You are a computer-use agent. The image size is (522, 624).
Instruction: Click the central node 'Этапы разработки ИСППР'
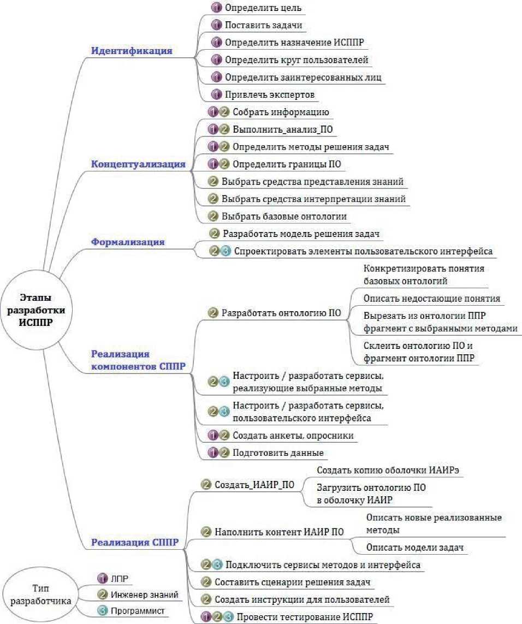(38, 309)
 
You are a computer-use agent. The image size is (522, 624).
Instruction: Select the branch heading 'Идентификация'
(132, 51)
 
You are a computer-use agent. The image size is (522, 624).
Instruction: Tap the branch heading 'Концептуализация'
(138, 164)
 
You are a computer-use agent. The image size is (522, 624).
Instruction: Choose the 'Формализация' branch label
(128, 241)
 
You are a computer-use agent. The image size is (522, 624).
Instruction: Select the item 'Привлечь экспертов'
(270, 94)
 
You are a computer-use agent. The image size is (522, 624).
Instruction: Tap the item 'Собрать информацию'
(280, 112)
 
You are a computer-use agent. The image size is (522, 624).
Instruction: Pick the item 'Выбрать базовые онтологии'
(284, 216)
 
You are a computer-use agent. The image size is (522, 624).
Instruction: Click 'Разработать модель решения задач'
(301, 234)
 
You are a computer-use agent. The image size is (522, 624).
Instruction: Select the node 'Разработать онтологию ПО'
(281, 313)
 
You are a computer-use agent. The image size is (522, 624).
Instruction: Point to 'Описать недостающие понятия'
(431, 299)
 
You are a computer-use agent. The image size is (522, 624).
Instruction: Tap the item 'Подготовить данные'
(278, 453)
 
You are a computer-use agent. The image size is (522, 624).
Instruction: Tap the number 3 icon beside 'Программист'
(102, 611)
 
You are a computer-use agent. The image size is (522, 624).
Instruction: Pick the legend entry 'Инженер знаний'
(145, 595)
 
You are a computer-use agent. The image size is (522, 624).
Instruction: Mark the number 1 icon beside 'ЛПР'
(102, 578)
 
